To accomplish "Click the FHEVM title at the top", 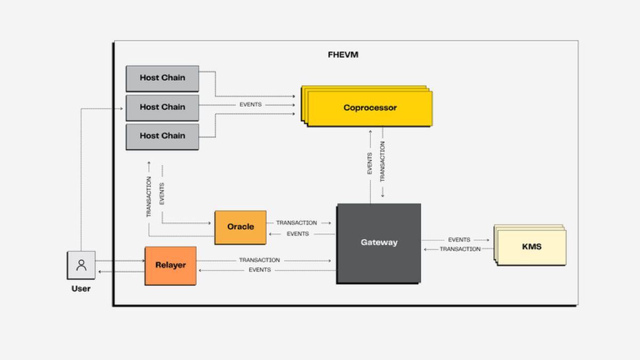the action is tap(343, 54).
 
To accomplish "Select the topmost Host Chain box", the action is tap(162, 78).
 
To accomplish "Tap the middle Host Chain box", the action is tap(162, 108).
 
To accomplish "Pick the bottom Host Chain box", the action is tap(162, 137).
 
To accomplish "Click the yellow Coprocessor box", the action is tap(367, 106).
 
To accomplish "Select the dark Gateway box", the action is tap(379, 243).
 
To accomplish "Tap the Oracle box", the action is tap(241, 227).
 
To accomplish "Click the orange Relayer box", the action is tap(171, 266).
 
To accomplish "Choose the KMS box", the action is tap(530, 245).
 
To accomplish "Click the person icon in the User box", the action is tap(82, 265).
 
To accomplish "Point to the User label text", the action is tap(81, 289).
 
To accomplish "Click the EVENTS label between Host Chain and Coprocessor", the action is tap(251, 105).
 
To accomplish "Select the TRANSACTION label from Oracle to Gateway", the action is tap(297, 223).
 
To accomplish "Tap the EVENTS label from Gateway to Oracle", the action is tap(298, 234).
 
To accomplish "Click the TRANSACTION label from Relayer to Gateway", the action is tap(259, 260).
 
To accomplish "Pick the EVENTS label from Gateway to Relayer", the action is tap(260, 270).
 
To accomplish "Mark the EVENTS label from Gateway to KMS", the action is tap(459, 239).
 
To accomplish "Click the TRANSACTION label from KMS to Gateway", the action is tap(460, 249).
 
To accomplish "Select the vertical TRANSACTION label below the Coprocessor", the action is tap(382, 162).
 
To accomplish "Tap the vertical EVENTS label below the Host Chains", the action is tap(162, 194).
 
